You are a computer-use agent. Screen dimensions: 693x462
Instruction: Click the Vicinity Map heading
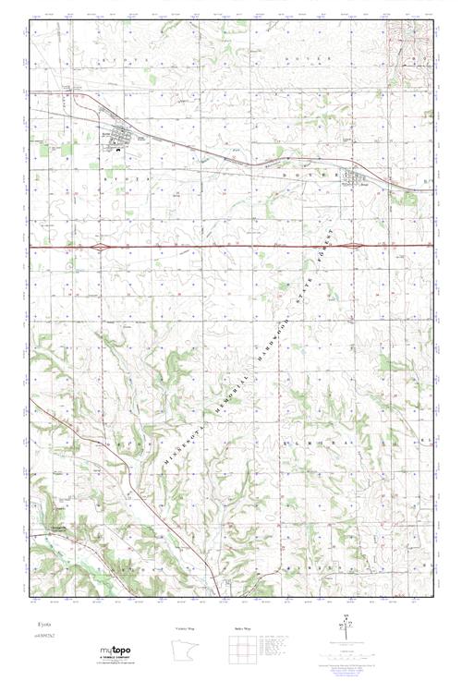click(x=186, y=627)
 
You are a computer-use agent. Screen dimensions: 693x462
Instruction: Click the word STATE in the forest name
click(x=306, y=288)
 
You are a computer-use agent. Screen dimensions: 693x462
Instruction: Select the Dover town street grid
click(x=354, y=176)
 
